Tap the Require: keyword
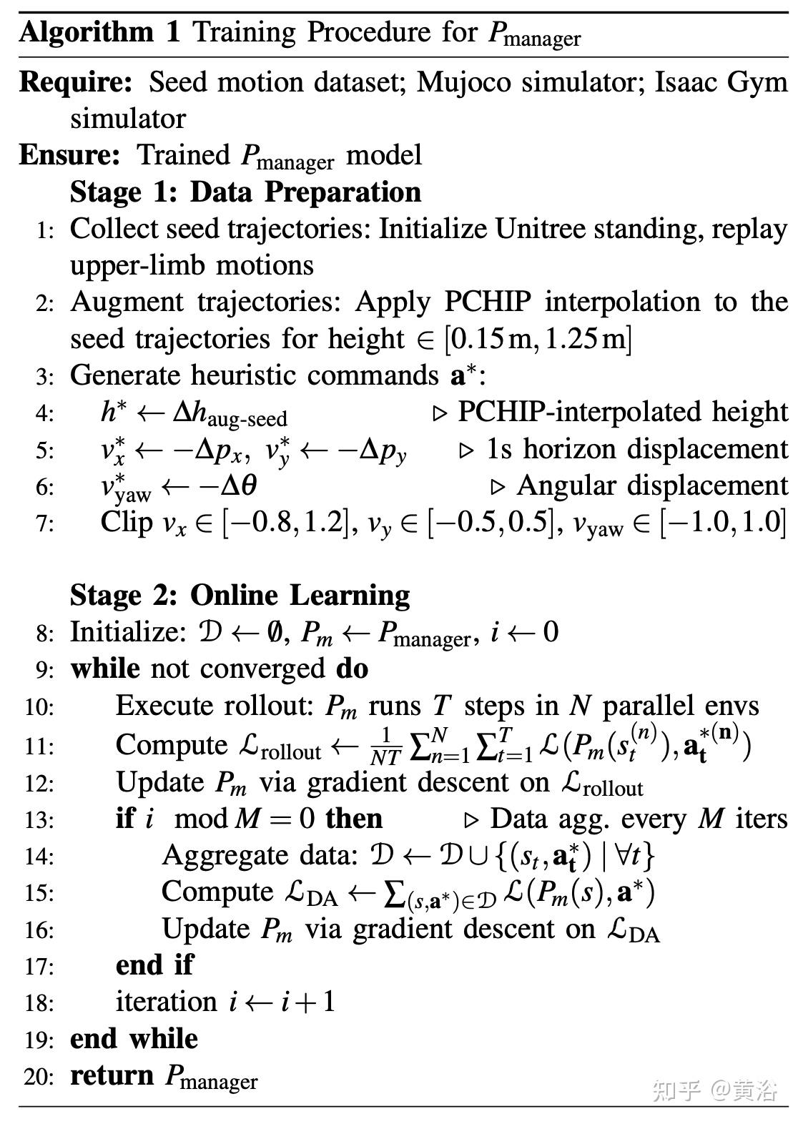[x=76, y=83]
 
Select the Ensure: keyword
[x=69, y=155]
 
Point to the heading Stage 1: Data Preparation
[x=245, y=192]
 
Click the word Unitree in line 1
[x=540, y=229]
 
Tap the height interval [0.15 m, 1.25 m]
[x=538, y=339]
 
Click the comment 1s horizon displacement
[x=637, y=449]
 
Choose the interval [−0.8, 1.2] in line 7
[x=290, y=523]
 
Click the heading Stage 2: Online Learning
[x=240, y=596]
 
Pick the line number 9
[x=45, y=670]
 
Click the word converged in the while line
[x=262, y=669]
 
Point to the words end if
[x=154, y=965]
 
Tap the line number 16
[x=39, y=930]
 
